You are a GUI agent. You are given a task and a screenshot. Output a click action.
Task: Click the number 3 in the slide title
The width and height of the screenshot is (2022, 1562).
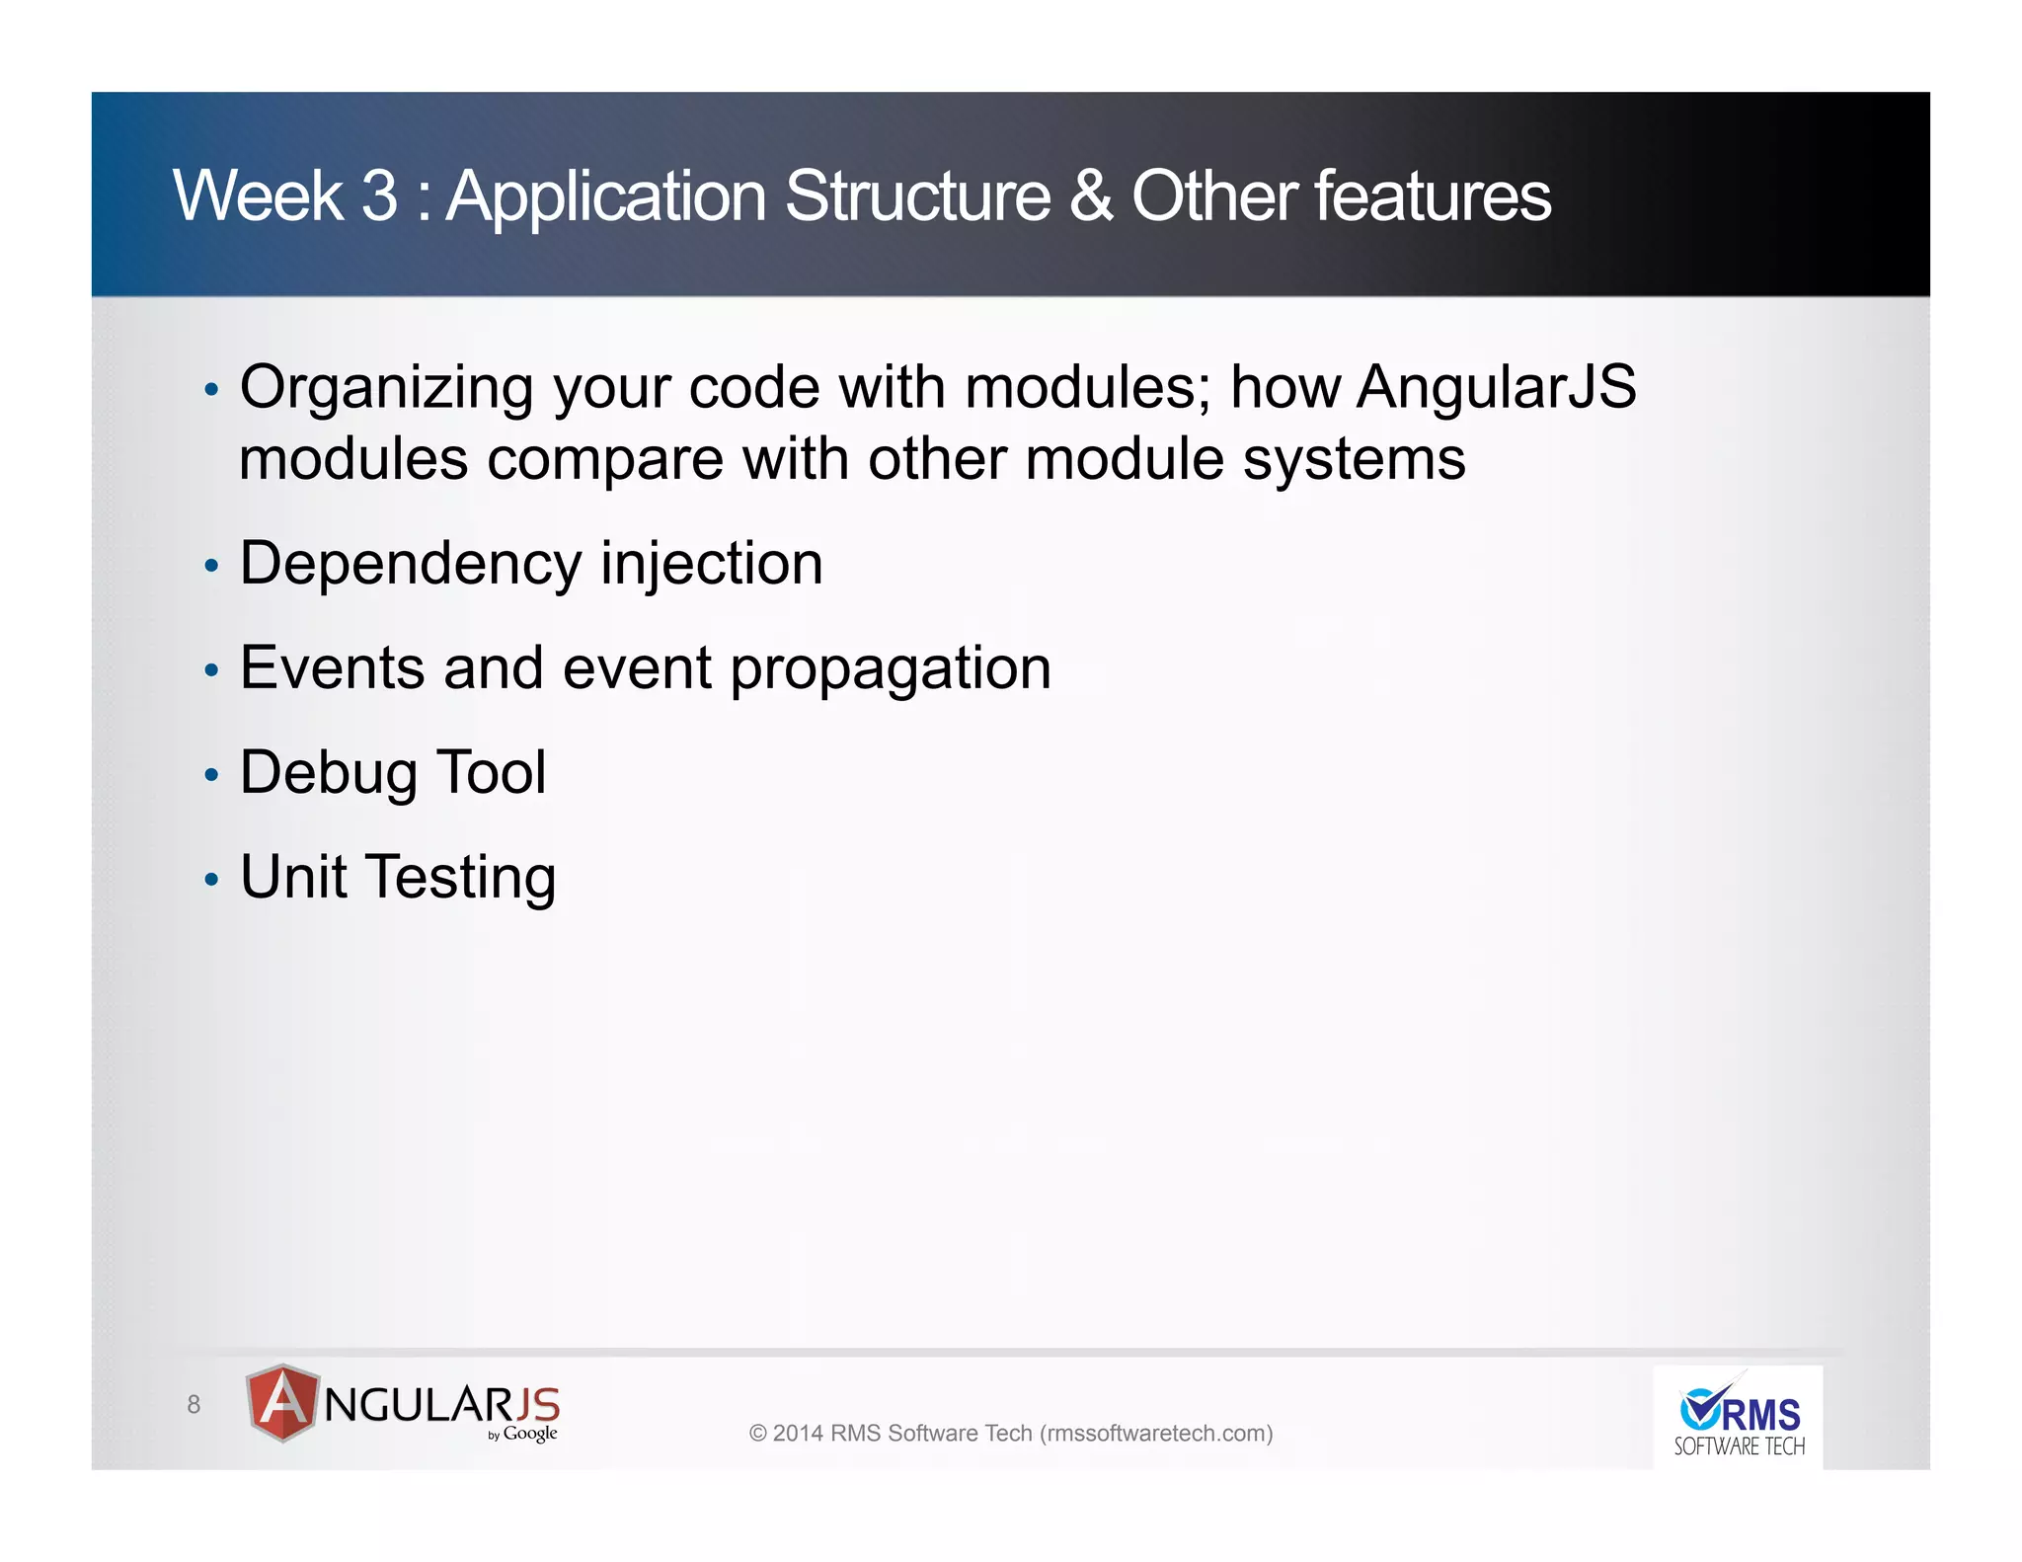[x=379, y=196]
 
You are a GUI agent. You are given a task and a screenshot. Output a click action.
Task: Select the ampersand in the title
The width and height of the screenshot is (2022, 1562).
[x=1090, y=196]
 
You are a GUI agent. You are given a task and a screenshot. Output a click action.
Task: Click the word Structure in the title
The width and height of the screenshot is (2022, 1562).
[x=917, y=196]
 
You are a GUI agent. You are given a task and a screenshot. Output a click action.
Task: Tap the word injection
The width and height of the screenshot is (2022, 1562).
[x=712, y=564]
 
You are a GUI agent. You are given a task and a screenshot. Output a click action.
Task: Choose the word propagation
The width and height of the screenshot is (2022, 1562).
[x=891, y=670]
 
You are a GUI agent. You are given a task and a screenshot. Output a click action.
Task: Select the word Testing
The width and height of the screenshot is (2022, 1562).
[x=461, y=878]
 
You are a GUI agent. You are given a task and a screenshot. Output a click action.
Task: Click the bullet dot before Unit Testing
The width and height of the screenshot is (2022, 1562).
[x=210, y=879]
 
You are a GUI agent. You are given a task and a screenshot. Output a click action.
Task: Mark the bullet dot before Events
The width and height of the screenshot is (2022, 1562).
[x=210, y=670]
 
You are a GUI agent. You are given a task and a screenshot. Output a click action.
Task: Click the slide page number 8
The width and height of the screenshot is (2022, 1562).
[x=194, y=1404]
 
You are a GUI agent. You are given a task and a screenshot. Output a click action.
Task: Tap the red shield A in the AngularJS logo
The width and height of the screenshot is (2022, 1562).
[x=283, y=1402]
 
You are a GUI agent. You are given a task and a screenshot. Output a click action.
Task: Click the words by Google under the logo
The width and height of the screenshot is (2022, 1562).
[x=523, y=1434]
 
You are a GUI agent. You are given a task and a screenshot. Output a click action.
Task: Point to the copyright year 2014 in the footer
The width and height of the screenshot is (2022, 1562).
[x=797, y=1434]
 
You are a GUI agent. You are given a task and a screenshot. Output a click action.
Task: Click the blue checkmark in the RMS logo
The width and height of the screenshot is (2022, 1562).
[x=1701, y=1407]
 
